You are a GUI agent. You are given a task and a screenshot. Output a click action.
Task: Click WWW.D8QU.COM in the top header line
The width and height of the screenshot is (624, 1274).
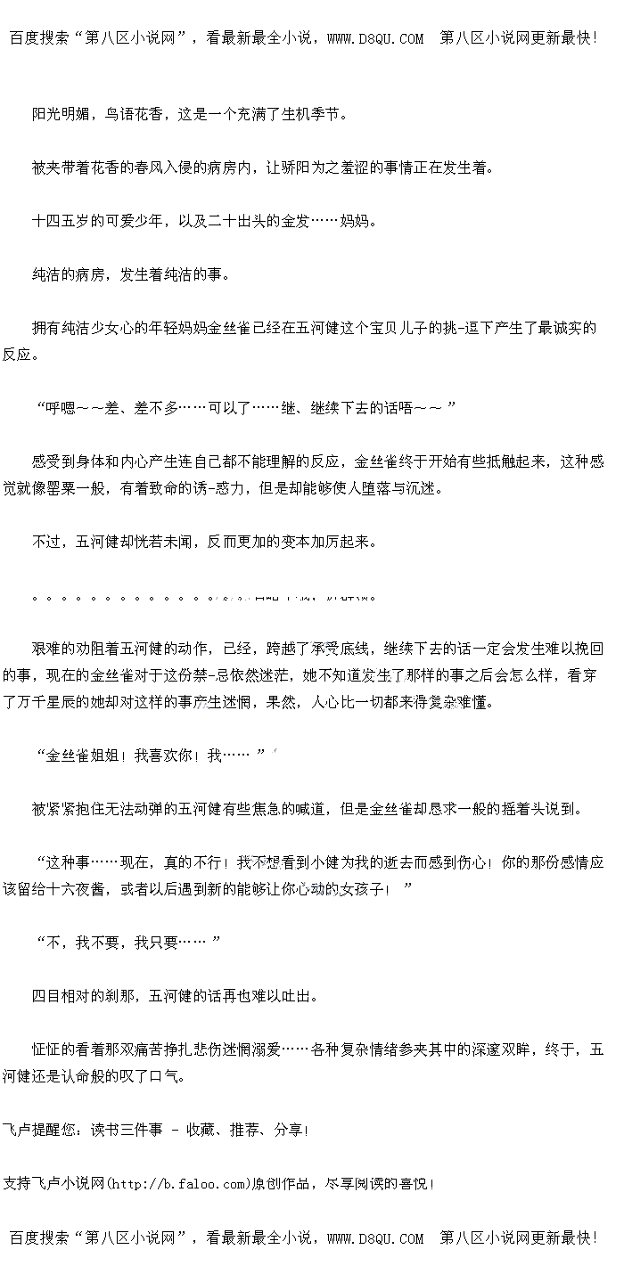375,38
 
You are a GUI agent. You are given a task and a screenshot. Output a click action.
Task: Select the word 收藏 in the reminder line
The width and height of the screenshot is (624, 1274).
201,1130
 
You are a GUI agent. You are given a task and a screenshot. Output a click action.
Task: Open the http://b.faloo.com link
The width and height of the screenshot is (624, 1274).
176,1183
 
